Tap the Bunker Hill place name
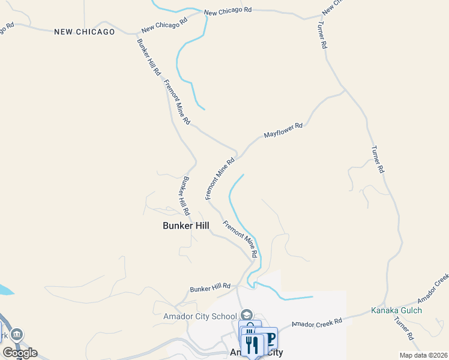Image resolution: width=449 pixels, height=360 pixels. [x=186, y=226]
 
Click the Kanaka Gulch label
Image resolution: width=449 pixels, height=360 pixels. [x=396, y=310]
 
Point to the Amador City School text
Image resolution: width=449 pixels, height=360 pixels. [x=200, y=316]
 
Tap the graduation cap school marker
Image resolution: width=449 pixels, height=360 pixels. [x=246, y=315]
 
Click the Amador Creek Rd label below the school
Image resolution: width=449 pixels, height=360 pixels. [x=316, y=322]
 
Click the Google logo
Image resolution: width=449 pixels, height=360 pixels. [x=20, y=353]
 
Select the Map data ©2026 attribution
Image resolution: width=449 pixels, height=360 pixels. [x=423, y=355]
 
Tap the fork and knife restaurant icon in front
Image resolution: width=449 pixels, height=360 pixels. [x=252, y=346]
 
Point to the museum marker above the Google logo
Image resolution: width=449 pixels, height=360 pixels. [x=16, y=334]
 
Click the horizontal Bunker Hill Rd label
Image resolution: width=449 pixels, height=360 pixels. [x=210, y=288]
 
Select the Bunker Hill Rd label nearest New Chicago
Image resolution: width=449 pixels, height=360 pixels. [x=149, y=56]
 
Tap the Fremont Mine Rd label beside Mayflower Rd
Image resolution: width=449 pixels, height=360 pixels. [x=219, y=179]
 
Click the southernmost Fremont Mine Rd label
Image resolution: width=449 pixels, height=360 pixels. [x=240, y=239]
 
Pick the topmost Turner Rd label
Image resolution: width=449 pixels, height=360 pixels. [x=322, y=35]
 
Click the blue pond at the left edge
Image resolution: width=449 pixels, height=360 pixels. [x=5, y=290]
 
